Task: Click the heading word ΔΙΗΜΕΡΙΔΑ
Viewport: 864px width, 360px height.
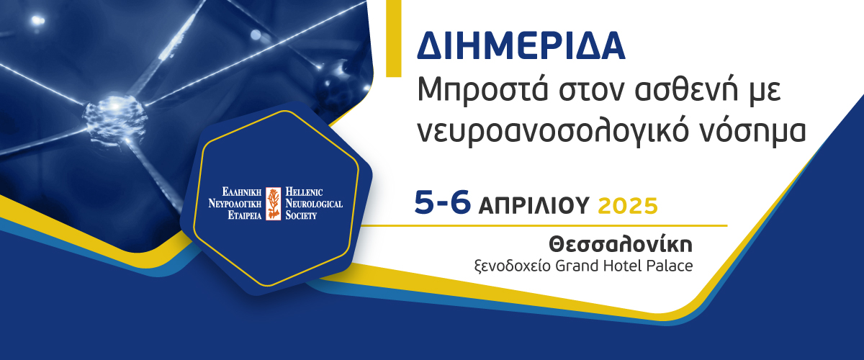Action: pos(521,45)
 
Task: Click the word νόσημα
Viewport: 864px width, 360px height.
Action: pos(753,130)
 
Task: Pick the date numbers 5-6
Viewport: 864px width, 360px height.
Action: pos(442,202)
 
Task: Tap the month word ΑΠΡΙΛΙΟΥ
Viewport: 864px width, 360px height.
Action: pos(534,205)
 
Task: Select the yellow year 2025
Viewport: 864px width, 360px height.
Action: pos(628,206)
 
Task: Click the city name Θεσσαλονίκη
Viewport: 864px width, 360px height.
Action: pos(621,245)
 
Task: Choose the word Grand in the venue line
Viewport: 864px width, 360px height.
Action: pos(577,266)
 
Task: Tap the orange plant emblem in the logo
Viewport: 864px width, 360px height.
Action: pos(274,203)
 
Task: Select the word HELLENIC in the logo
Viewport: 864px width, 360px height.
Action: pos(304,192)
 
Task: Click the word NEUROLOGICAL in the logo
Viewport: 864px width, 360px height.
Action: pos(314,203)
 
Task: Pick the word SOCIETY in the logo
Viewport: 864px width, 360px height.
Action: pos(301,215)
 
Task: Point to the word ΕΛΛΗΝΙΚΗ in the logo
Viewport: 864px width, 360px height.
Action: pos(242,192)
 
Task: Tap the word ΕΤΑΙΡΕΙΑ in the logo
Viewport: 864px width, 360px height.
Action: pos(245,215)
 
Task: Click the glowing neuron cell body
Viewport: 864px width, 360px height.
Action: pos(115,117)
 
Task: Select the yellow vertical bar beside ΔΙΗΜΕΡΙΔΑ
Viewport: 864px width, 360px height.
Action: pos(393,38)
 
